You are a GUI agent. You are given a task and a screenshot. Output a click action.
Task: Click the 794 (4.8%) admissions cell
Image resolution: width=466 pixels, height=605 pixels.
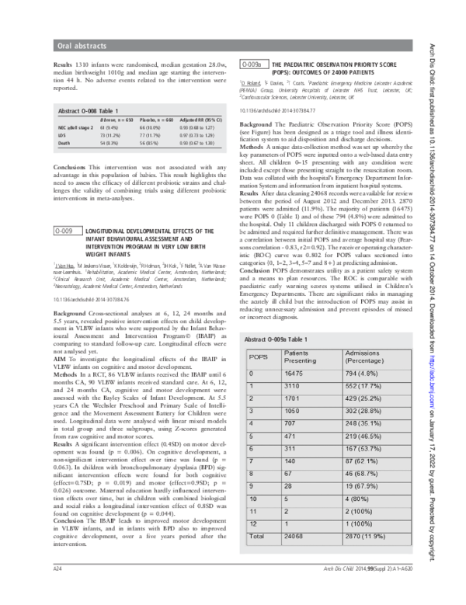point(363,352)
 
